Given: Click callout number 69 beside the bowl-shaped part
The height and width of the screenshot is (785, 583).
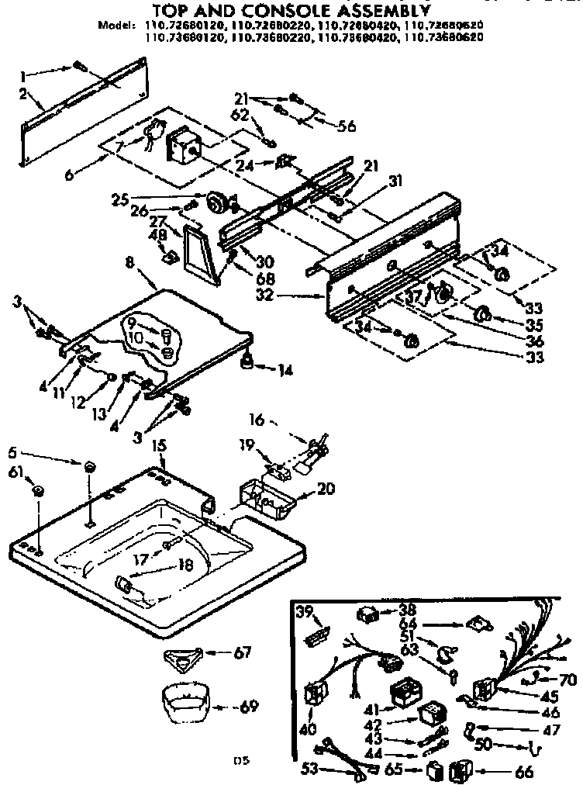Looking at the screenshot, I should point(249,707).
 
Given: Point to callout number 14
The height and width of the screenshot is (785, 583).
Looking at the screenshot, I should point(285,371).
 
